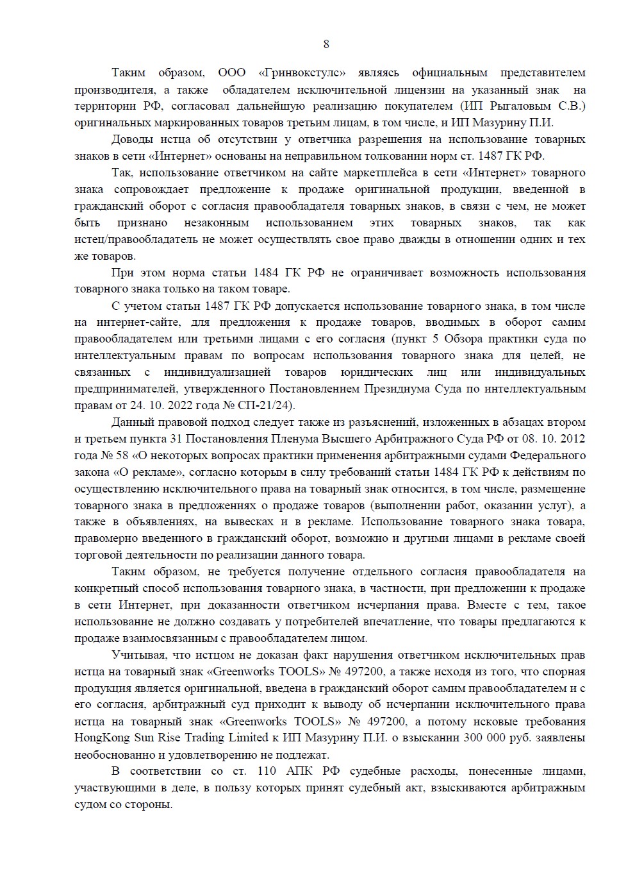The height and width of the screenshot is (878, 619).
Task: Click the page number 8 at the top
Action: pos(326,44)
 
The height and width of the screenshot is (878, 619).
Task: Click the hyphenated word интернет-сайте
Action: pos(134,322)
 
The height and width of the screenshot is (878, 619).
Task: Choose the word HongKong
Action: pos(101,738)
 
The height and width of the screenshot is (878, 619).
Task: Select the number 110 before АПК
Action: pos(267,771)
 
